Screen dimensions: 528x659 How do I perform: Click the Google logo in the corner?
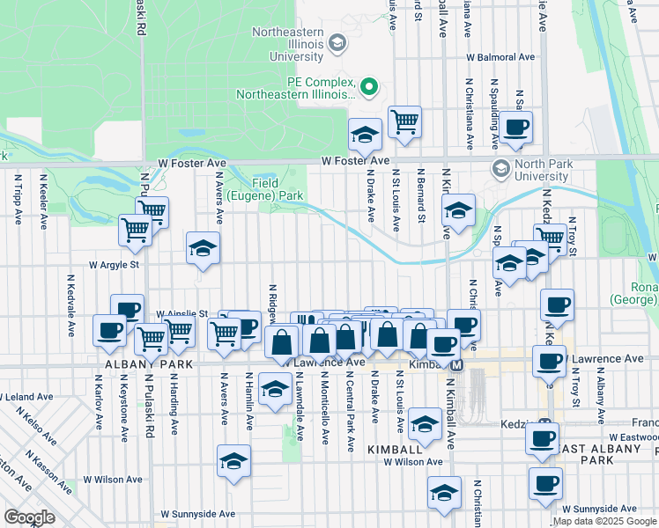click(29, 517)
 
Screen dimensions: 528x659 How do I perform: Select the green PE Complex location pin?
click(370, 87)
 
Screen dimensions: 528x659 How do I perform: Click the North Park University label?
click(544, 170)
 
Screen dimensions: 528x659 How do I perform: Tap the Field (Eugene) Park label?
click(265, 188)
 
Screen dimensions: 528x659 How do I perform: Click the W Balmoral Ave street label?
click(500, 57)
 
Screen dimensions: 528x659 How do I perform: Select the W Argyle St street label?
click(113, 264)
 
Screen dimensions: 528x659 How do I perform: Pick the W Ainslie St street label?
click(181, 313)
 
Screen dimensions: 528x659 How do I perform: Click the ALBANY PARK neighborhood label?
click(136, 363)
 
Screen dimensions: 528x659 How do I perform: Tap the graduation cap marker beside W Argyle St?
click(202, 249)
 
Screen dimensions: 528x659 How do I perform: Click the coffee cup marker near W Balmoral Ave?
click(516, 127)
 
